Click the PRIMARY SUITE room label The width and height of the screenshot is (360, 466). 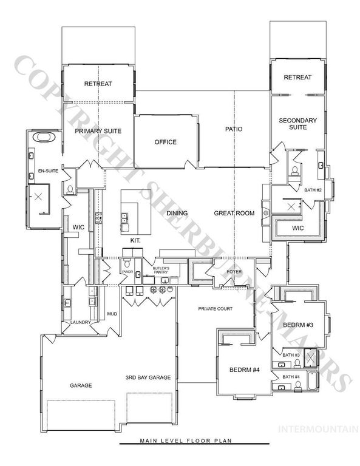point(98,130)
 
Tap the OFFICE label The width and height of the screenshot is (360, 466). point(165,142)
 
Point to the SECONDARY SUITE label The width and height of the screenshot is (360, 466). point(297,124)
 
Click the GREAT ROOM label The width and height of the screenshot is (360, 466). point(233,213)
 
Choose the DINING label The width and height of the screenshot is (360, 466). point(177,213)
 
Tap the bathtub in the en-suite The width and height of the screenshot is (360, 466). point(44,137)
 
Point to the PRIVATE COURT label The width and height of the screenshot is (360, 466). point(216,309)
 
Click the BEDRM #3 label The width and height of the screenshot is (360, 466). point(297,326)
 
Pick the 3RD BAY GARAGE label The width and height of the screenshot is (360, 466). point(148,377)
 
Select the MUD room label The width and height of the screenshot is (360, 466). point(112,314)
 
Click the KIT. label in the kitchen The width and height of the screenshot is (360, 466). point(135,240)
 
